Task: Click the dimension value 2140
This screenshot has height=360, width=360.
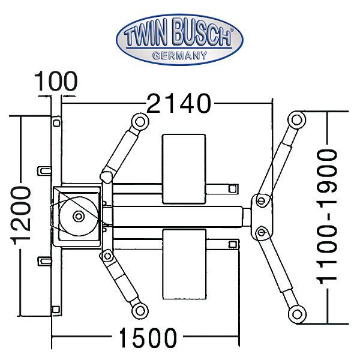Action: tap(179, 104)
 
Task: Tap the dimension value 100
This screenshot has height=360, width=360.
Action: tap(56, 80)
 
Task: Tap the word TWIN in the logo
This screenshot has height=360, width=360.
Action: tap(145, 38)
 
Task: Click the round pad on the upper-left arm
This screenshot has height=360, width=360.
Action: tap(139, 121)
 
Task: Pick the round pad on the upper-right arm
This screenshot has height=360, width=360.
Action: tap(295, 119)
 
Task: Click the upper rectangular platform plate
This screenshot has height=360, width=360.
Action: tap(185, 169)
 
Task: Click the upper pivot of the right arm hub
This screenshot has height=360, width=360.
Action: tap(261, 200)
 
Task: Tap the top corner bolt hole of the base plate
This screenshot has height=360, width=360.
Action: tap(56, 122)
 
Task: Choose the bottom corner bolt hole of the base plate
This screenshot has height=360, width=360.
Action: tap(56, 309)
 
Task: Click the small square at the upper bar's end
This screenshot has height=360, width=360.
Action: tap(231, 188)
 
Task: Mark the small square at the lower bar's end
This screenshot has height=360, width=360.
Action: tap(231, 244)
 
